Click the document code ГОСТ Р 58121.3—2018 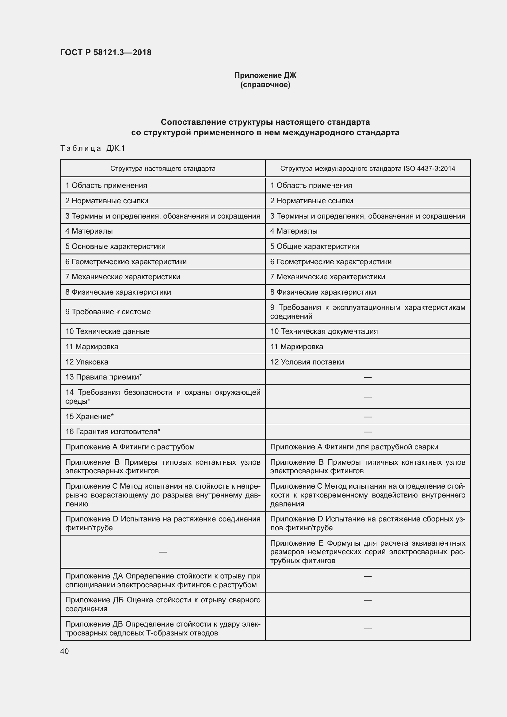coord(105,52)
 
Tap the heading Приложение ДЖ coord(265,75)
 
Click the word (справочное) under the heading coord(265,85)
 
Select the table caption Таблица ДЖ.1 coord(92,148)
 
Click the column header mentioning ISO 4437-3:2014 coord(368,169)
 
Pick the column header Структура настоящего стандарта coord(163,169)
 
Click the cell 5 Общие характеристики coord(314,246)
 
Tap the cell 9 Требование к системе coord(108,312)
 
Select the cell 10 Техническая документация coord(324,331)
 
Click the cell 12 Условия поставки coord(307,362)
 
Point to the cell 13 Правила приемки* coord(103,377)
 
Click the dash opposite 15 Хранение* coord(368,417)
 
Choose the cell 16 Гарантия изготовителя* coord(112,432)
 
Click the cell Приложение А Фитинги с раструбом coord(130,447)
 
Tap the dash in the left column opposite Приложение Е coord(163,552)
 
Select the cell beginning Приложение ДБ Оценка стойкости coord(163,604)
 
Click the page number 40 coord(64,651)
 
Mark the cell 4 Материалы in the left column coord(89,231)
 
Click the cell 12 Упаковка coord(87,362)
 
